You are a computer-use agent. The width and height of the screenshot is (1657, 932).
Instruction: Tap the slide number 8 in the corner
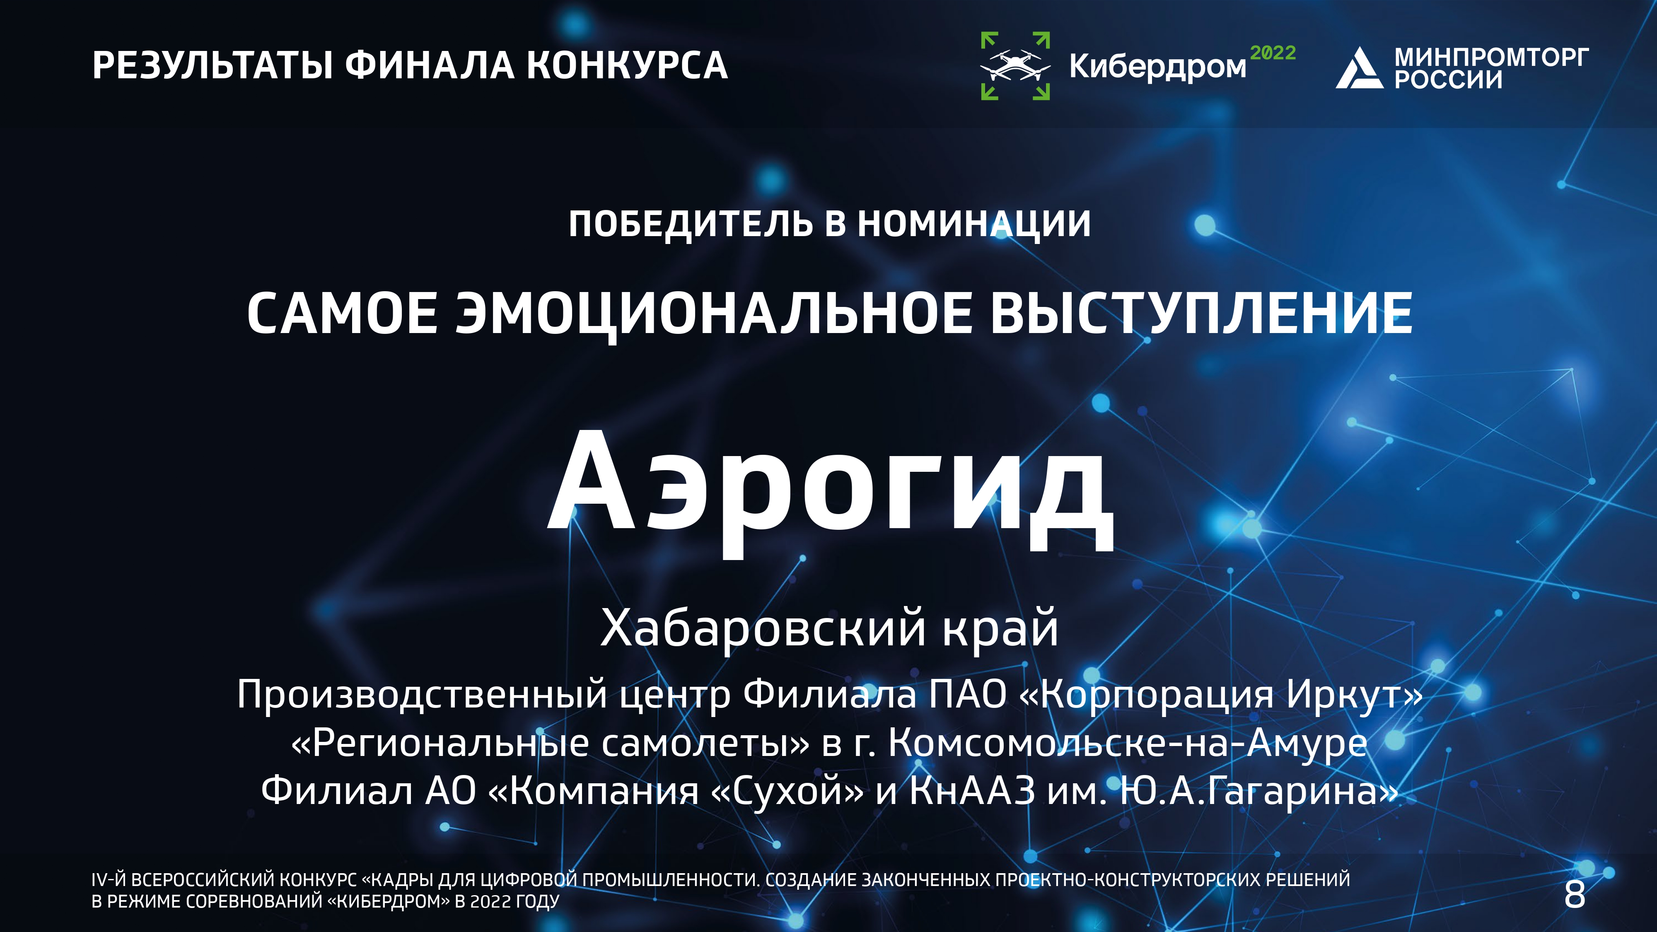pos(1575,894)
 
